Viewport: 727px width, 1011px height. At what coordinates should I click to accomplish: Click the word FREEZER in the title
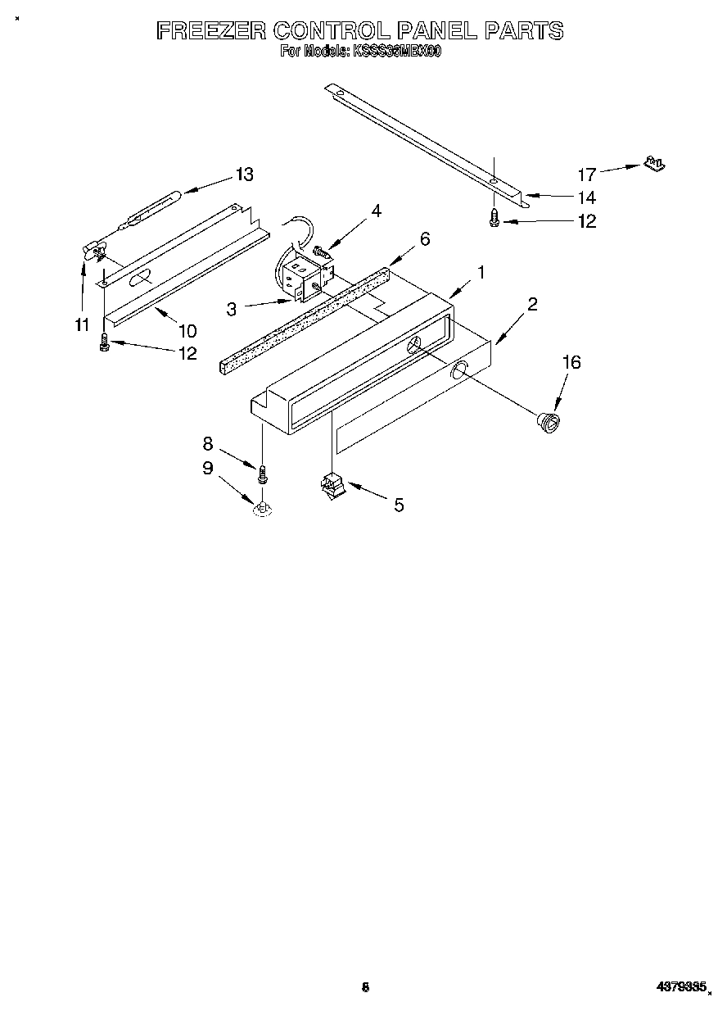pyautogui.click(x=211, y=31)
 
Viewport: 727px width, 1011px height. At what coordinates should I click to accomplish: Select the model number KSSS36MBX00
pyautogui.click(x=396, y=52)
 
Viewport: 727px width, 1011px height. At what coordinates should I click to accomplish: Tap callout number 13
pyautogui.click(x=244, y=175)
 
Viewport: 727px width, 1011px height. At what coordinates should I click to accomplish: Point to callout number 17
pyautogui.click(x=587, y=175)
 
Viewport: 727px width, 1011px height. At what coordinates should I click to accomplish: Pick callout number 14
pyautogui.click(x=587, y=197)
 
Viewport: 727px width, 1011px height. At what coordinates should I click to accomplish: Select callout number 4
pyautogui.click(x=376, y=211)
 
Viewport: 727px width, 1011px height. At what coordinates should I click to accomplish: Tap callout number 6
pyautogui.click(x=424, y=238)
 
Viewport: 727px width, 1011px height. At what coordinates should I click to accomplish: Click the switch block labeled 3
pyautogui.click(x=299, y=279)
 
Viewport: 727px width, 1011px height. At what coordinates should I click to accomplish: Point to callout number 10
pyautogui.click(x=187, y=330)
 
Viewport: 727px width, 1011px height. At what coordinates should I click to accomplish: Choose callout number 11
pyautogui.click(x=81, y=325)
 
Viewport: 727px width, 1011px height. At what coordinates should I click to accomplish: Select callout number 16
pyautogui.click(x=571, y=362)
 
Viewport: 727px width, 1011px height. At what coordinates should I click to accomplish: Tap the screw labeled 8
pyautogui.click(x=263, y=474)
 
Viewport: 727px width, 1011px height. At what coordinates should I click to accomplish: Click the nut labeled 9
pyautogui.click(x=263, y=510)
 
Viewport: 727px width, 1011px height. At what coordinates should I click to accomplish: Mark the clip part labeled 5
pyautogui.click(x=332, y=487)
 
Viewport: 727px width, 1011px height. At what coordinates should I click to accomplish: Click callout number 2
pyautogui.click(x=532, y=305)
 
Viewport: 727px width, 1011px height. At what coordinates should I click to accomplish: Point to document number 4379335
pyautogui.click(x=680, y=987)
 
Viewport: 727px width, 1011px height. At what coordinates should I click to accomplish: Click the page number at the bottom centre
pyautogui.click(x=366, y=988)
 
